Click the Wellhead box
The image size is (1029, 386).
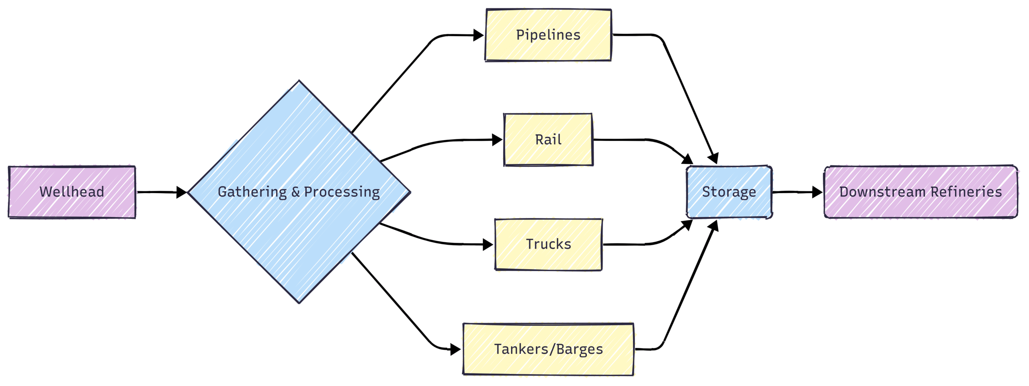click(x=72, y=192)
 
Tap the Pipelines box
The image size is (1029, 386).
click(x=548, y=35)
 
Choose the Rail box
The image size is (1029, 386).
click(x=548, y=140)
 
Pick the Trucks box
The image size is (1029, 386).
click(x=548, y=244)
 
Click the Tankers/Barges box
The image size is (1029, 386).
click(x=548, y=349)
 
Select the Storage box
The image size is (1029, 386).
click(x=729, y=192)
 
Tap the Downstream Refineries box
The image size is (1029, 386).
click(x=920, y=192)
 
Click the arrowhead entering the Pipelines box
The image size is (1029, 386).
click(x=478, y=35)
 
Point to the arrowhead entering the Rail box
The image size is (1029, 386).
click(x=497, y=140)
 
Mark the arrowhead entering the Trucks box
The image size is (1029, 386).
click(x=488, y=244)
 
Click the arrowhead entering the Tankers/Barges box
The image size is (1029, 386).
click(x=455, y=349)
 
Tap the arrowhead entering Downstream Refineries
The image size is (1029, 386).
click(x=817, y=192)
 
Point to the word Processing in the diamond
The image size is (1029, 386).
click(x=342, y=192)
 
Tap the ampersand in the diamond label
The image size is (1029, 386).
click(x=295, y=192)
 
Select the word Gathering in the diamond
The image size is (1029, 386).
click(x=252, y=192)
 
